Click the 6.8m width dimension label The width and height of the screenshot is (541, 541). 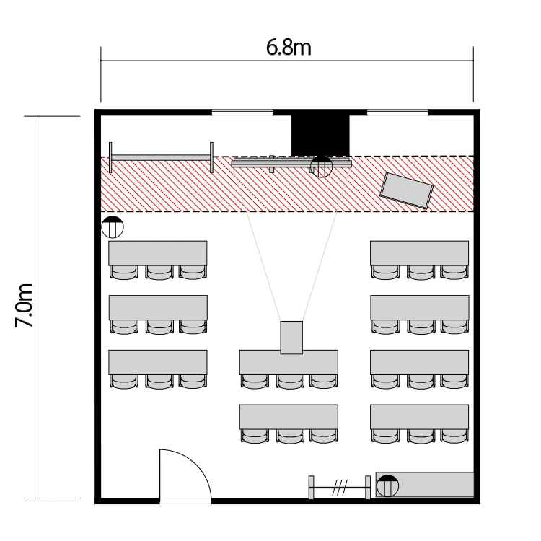point(289,48)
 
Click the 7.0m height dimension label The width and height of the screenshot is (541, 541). point(24,305)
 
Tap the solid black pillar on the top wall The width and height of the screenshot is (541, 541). point(320,136)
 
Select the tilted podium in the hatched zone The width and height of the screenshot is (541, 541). point(406,191)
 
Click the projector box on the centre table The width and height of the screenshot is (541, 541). point(291,338)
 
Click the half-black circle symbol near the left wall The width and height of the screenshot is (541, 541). point(113,227)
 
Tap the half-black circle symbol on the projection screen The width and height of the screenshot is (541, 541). point(321,167)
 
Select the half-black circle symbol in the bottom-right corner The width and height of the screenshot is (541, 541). point(387,485)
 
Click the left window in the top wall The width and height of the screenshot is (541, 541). point(242,112)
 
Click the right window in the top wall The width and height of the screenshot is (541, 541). point(397,112)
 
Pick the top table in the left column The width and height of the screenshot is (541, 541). point(158,253)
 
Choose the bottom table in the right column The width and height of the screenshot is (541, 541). point(420,417)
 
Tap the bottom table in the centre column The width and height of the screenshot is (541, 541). point(289,417)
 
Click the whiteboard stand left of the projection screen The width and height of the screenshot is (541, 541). point(161,157)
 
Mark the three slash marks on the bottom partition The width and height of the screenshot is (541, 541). point(340,488)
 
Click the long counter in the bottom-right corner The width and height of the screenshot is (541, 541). point(425,485)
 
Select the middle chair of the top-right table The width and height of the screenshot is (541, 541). point(421,272)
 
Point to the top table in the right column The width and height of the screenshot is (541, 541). point(420,253)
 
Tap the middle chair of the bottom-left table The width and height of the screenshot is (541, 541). point(159,382)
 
